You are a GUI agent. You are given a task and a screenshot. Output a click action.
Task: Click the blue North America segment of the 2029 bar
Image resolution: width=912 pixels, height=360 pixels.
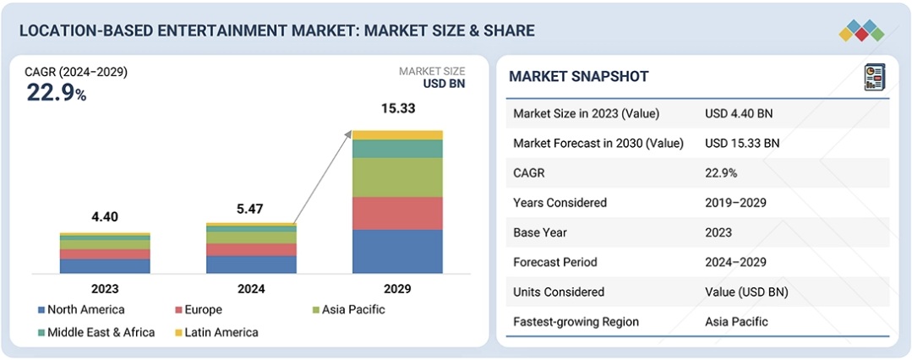coord(397,251)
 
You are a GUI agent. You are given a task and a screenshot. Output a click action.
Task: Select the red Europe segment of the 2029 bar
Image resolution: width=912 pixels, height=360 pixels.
coord(397,213)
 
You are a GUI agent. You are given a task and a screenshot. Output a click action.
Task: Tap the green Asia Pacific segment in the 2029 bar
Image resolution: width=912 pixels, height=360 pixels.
coord(397,177)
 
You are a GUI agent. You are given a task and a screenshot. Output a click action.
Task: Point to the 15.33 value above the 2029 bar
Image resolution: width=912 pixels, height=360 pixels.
coord(397,109)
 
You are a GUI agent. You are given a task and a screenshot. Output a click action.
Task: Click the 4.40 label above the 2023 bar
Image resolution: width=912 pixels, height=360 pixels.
coord(105,217)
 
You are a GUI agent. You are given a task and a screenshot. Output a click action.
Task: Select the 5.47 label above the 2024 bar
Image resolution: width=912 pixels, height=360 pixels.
coord(251,208)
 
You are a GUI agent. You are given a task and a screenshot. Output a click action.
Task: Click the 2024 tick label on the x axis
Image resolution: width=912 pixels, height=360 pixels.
coord(251,289)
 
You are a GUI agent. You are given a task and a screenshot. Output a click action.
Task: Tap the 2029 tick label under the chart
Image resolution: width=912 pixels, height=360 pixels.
coord(397,289)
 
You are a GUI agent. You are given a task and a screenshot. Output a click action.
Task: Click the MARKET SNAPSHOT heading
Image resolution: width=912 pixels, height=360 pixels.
coord(579,77)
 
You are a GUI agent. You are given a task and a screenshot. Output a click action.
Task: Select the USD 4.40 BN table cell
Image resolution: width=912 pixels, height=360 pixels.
coord(739,114)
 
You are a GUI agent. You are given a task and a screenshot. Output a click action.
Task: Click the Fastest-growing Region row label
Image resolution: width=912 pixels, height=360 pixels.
coord(576,321)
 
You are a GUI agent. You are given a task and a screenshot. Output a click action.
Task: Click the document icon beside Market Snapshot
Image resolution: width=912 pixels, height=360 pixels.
coord(872,78)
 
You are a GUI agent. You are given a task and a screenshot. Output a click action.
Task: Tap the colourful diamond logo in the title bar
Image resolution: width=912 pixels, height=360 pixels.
coord(861,31)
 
